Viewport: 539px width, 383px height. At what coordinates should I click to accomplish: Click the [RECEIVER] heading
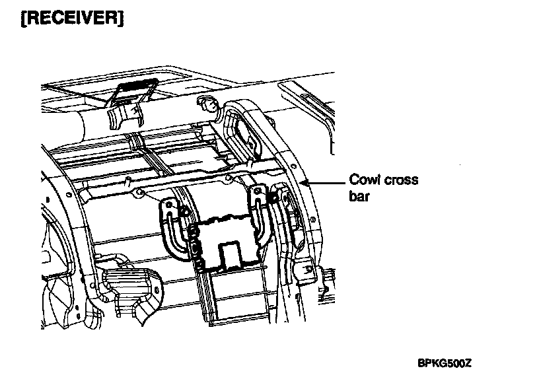[63, 18]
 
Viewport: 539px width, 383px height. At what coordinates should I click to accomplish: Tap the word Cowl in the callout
[363, 180]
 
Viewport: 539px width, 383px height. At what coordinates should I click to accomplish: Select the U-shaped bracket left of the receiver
[173, 228]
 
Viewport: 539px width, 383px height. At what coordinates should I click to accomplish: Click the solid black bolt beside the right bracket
[271, 197]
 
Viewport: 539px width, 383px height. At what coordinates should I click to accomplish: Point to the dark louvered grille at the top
[136, 87]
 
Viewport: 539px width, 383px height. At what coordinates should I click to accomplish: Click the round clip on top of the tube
[207, 103]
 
